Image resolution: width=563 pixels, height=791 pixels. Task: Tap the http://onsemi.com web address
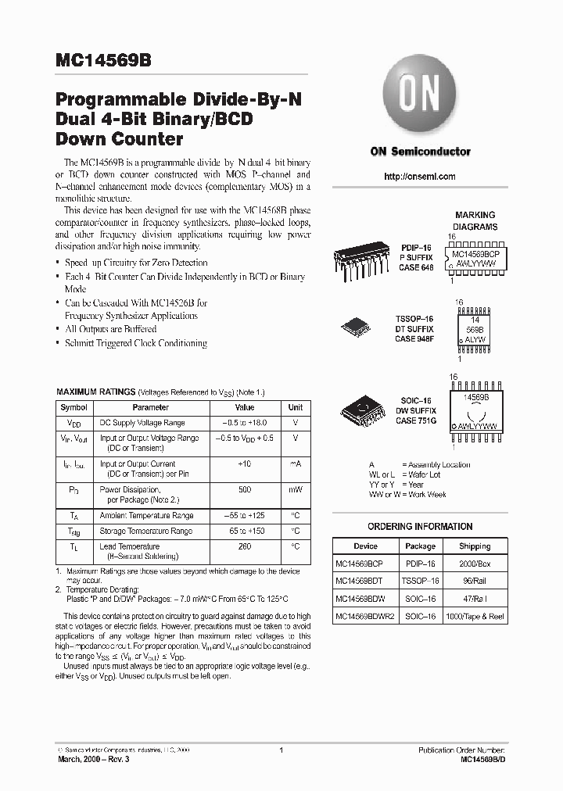[420, 177]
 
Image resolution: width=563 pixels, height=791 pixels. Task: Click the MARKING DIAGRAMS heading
[475, 220]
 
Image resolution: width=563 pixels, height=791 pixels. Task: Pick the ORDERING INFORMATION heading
[420, 527]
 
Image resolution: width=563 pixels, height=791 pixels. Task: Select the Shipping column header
[475, 546]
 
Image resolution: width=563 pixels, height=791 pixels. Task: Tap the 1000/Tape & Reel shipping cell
[475, 617]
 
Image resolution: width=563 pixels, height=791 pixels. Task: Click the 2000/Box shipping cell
[475, 563]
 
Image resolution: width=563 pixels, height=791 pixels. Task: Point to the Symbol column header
[74, 407]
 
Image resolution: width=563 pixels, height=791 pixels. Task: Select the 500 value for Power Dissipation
[245, 489]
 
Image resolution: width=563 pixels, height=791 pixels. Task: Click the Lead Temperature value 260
[245, 546]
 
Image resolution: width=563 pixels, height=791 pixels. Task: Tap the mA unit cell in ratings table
[296, 464]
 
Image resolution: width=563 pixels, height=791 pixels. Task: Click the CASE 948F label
[414, 339]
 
